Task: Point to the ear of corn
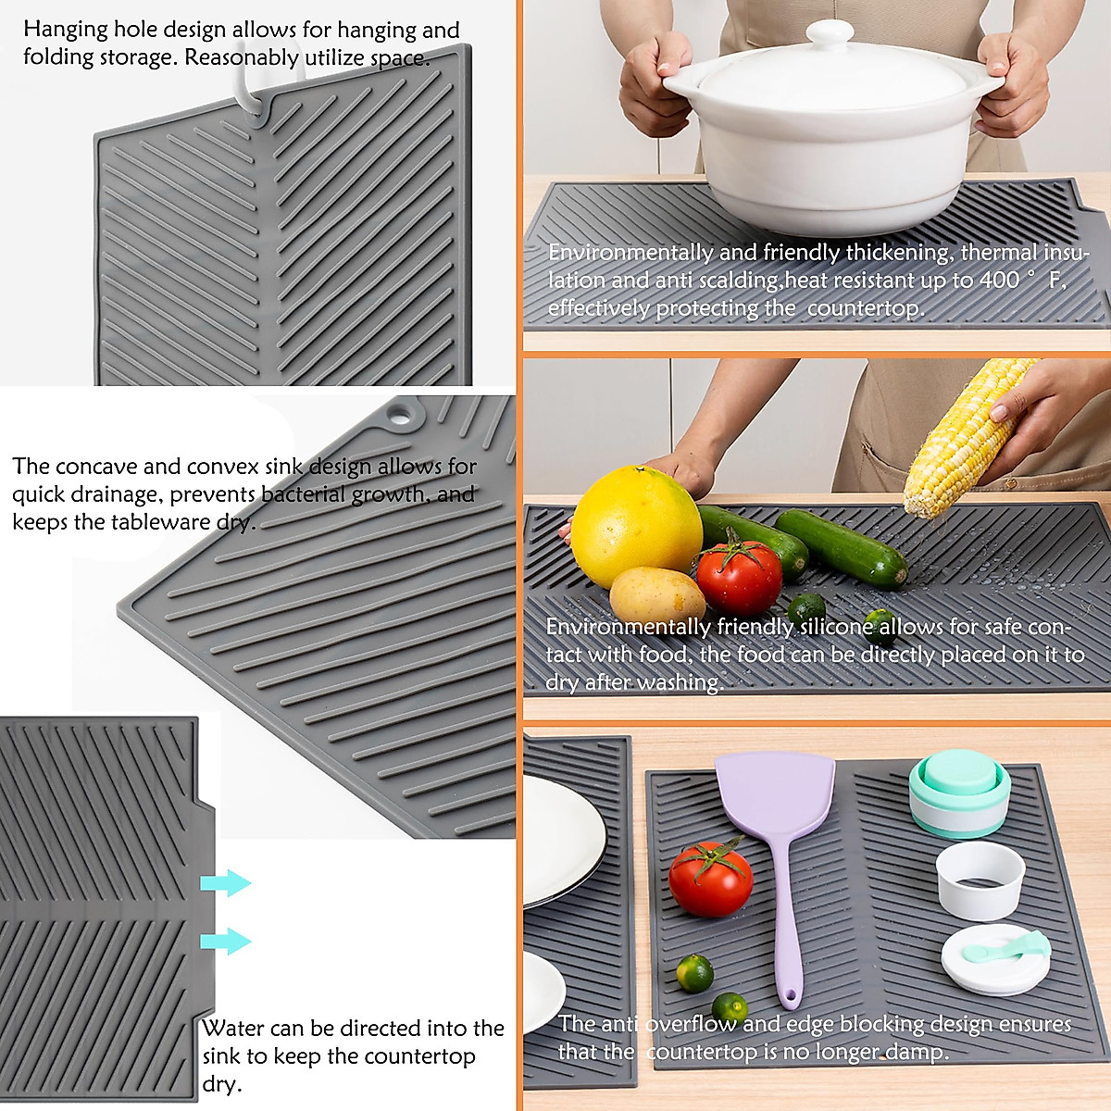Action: tap(963, 435)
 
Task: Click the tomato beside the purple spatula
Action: tap(710, 879)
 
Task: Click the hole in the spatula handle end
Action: tap(789, 998)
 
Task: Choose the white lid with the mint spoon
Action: tap(995, 959)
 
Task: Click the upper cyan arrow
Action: tap(225, 883)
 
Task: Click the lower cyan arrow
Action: tap(225, 942)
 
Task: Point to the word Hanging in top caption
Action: tap(66, 30)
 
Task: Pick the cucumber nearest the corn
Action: tap(841, 548)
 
